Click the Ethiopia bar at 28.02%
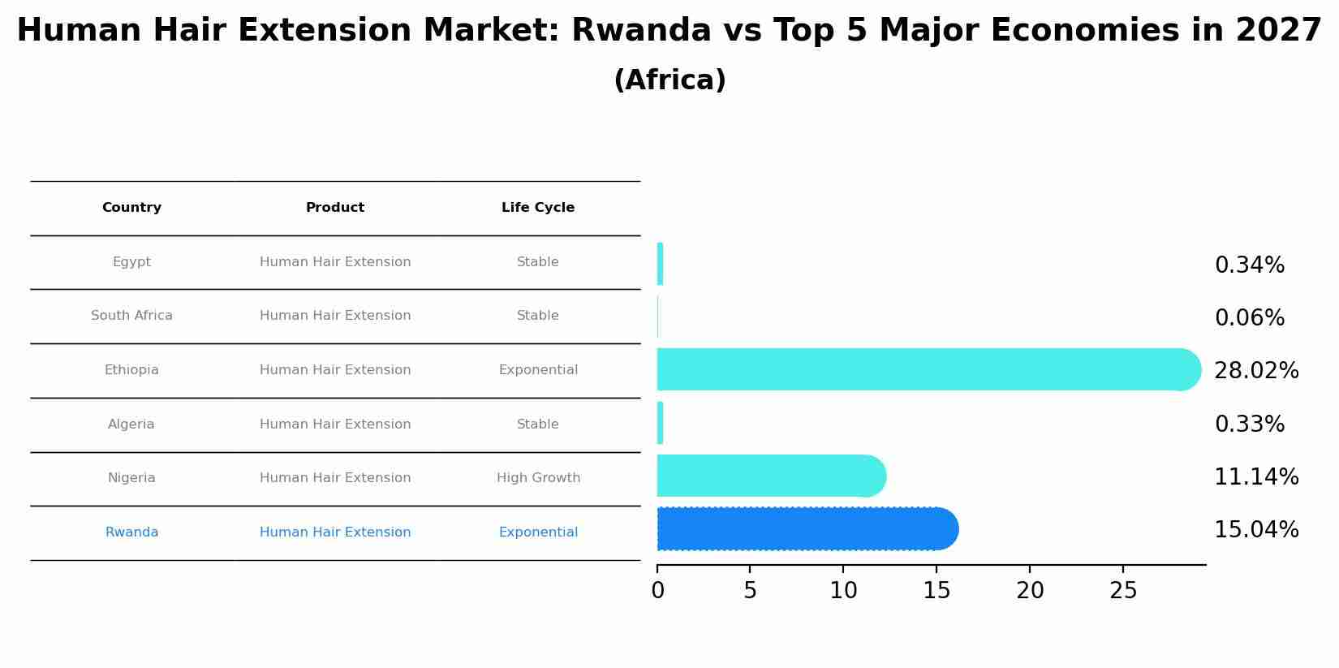pos(925,369)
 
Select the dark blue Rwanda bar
pos(803,528)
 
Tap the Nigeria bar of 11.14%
pos(767,476)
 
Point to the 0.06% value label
pos(1249,318)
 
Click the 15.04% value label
pos(1255,530)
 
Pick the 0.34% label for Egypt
pos(1249,265)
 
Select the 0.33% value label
pos(1249,425)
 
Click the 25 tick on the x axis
pos(1123,591)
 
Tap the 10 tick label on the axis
pos(843,591)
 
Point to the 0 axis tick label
pos(657,591)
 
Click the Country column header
pos(131,208)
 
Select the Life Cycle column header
pos(538,208)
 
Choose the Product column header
pos(335,208)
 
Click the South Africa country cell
pos(131,316)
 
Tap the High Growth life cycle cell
pos(538,478)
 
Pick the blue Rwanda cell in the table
pos(131,532)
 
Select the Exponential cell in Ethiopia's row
pos(538,370)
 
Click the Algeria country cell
pos(131,425)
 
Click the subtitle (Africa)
pos(669,80)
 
